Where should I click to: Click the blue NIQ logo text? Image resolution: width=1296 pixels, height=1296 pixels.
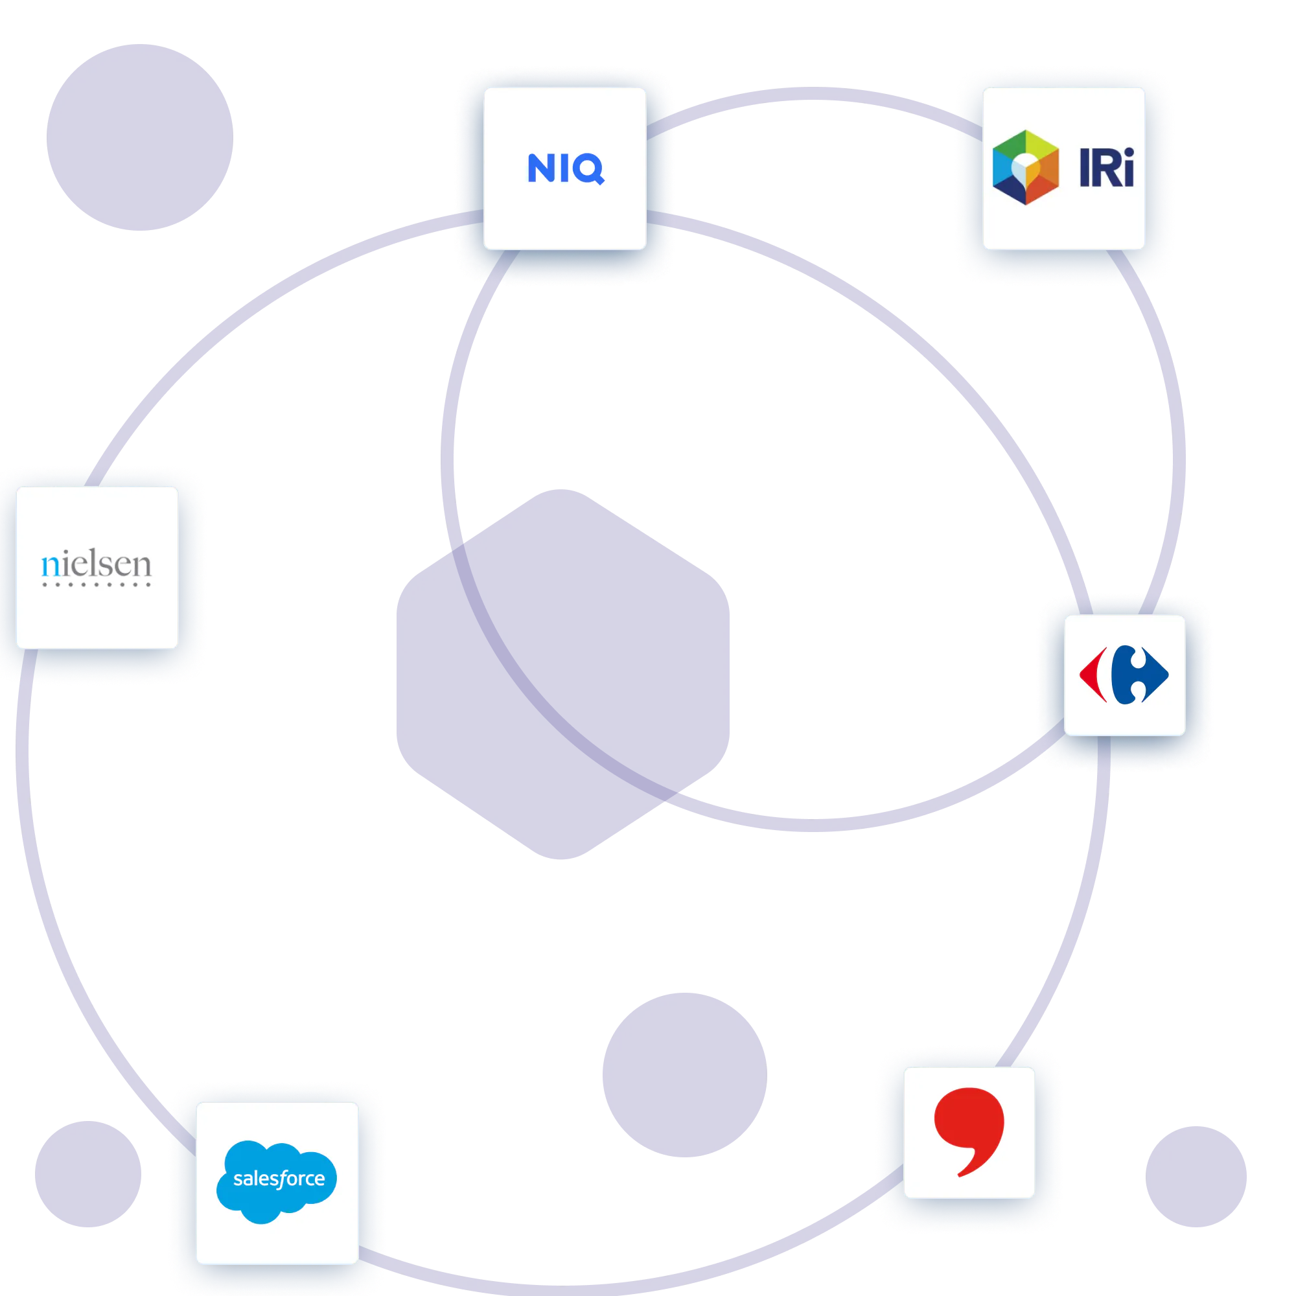[x=566, y=168]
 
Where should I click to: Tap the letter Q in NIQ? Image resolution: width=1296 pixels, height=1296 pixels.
[x=588, y=169]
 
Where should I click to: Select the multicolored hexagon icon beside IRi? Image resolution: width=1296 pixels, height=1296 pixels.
[x=1026, y=167]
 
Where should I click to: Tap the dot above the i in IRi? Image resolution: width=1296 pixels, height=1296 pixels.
[x=1128, y=152]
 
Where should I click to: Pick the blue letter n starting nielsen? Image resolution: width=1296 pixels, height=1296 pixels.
[x=51, y=567]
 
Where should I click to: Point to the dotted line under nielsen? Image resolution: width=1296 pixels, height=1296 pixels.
[x=96, y=584]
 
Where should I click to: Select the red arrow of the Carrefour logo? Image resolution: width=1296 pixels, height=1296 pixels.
[x=1093, y=675]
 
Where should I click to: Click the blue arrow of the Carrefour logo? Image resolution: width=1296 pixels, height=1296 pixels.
[x=1140, y=675]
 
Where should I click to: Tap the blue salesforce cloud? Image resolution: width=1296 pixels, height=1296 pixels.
[x=277, y=1181]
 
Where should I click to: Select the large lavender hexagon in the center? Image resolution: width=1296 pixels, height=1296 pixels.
[x=563, y=674]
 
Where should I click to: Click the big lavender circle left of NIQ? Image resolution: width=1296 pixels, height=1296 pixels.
[x=139, y=137]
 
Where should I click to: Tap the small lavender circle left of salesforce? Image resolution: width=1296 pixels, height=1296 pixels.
[x=88, y=1174]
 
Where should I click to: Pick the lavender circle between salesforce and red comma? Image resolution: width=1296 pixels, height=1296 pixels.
[x=685, y=1075]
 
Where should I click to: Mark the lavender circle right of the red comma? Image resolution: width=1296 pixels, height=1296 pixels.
[x=1196, y=1177]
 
